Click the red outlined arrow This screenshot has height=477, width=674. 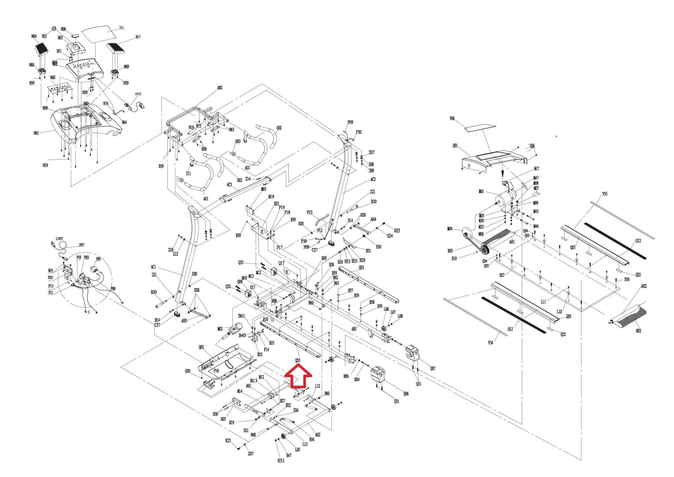tap(298, 378)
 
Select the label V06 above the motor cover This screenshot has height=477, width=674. tap(452, 119)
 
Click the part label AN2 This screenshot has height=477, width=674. tap(220, 88)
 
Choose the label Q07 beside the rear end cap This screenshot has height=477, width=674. tap(432, 368)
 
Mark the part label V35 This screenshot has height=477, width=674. tap(605, 194)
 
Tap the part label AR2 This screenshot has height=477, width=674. tap(643, 286)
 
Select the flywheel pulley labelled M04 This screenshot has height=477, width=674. tap(466, 232)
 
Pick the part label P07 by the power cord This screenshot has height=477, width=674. tap(82, 245)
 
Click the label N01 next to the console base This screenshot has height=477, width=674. tap(36, 133)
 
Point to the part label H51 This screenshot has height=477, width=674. tap(281, 461)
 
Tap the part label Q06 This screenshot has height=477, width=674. tap(406, 393)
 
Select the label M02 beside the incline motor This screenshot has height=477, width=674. tap(220, 329)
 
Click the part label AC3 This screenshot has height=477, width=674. tap(229, 184)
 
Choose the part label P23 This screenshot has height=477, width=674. tap(309, 212)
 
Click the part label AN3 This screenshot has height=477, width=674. tap(138, 94)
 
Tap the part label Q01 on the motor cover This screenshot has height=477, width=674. tap(455, 145)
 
